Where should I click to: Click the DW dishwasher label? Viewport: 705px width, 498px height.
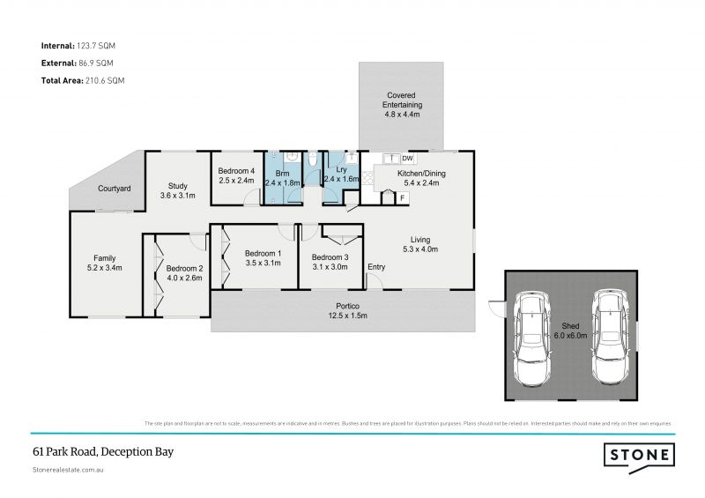407,158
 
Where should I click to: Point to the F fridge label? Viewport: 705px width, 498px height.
403,197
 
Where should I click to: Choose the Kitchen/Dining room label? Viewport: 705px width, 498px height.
421,179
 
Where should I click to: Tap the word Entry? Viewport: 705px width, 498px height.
376,267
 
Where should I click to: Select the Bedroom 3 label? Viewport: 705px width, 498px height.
330,263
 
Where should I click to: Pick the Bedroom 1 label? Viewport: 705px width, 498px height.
262,258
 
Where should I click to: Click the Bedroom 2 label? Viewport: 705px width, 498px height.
184,273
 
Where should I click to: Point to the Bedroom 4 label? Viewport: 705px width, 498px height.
237,175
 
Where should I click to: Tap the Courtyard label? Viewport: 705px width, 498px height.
115,189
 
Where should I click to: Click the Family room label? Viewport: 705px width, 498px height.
105,262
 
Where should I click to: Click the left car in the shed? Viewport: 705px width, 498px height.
535,338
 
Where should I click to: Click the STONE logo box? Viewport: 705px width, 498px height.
639,455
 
